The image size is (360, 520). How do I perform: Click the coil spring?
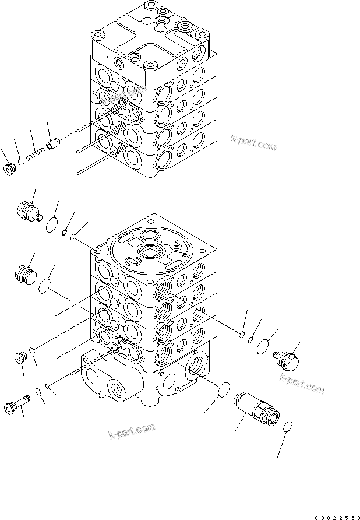tap(36, 154)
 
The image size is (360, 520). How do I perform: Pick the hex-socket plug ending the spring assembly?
tap(9, 169)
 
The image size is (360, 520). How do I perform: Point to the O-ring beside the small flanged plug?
tap(34, 351)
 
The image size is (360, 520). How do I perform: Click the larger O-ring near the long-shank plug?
tap(38, 391)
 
